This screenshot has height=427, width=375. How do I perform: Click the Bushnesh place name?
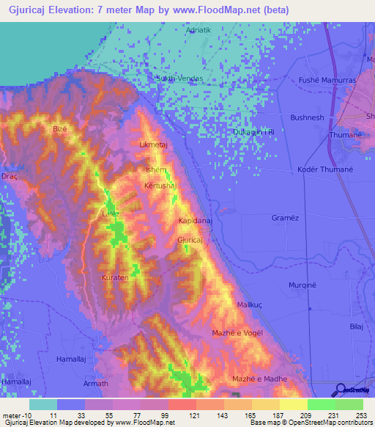pos(307,117)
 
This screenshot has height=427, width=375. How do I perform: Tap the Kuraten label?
pos(115,278)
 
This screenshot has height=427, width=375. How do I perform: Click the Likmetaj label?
pos(154,145)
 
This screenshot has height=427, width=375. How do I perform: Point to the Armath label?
pos(96,383)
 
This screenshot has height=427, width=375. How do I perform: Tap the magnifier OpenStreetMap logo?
pos(341,390)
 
